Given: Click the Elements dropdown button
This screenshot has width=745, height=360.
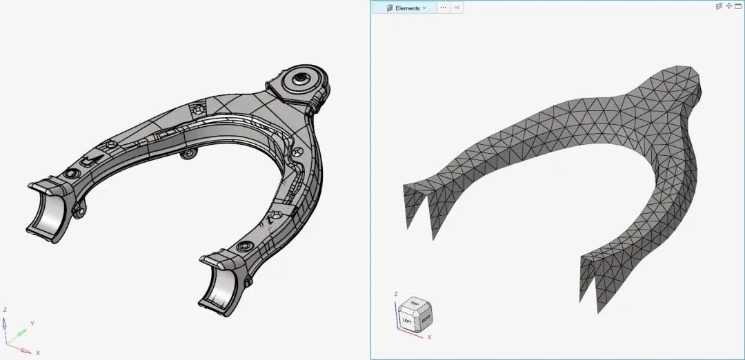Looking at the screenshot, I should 406,8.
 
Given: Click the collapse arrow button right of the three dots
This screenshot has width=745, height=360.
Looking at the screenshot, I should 457,8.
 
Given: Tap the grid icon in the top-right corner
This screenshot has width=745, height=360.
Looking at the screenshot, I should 719,6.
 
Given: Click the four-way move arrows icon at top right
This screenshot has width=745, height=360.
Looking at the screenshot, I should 728,6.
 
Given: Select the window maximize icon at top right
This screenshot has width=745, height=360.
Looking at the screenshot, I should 738,6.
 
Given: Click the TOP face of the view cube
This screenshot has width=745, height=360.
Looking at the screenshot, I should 415,304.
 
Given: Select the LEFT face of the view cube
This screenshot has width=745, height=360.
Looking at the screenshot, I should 408,321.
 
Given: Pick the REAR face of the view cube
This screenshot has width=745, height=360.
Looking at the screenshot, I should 425,319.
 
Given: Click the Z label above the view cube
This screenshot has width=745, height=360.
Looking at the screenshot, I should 395,294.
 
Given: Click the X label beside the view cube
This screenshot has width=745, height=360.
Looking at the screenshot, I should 429,337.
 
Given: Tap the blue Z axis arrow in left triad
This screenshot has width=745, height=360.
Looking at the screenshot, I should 6,324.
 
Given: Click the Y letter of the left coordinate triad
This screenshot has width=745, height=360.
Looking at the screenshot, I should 32,323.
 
